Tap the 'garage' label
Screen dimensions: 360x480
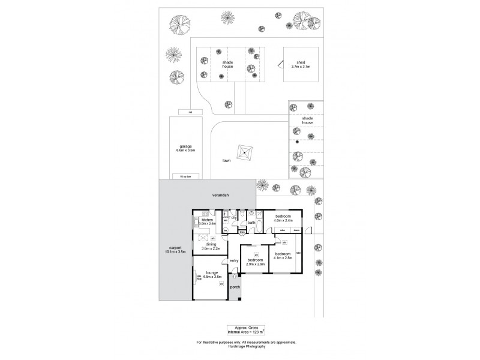click(x=185, y=146)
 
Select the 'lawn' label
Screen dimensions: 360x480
click(x=227, y=161)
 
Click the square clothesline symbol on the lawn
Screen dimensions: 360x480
click(x=245, y=153)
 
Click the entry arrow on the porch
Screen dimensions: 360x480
click(x=234, y=276)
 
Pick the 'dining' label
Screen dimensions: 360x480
click(x=211, y=244)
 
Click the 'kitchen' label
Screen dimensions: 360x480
click(x=208, y=220)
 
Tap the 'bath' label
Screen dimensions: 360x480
click(x=251, y=222)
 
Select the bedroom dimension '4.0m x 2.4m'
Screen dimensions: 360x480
click(x=283, y=220)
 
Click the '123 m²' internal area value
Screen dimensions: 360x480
click(x=259, y=332)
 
